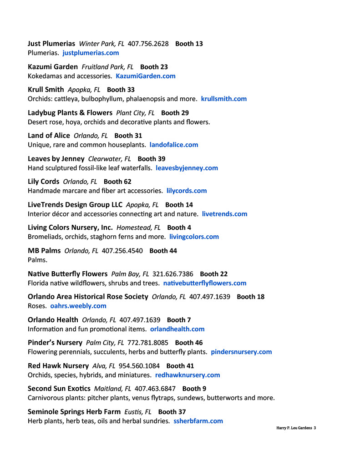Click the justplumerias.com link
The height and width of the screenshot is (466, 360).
(x=91, y=53)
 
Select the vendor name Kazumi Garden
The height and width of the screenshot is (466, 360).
(x=53, y=67)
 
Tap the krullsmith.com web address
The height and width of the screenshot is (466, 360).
(x=224, y=99)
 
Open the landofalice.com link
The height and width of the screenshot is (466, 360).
(x=174, y=145)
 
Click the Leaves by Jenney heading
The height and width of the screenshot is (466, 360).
(x=56, y=159)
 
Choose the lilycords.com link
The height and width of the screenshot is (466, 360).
(x=187, y=191)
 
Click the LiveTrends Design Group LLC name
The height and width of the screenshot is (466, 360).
(x=75, y=205)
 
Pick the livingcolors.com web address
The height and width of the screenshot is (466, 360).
(x=194, y=237)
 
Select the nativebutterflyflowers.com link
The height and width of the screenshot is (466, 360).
(x=205, y=283)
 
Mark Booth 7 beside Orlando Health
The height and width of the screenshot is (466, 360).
(x=179, y=320)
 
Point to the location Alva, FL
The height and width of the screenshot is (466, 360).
(x=104, y=366)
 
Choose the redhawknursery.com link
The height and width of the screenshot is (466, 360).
(x=188, y=375)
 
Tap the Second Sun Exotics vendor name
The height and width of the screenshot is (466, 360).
(x=59, y=389)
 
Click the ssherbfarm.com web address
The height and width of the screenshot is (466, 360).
(x=198, y=421)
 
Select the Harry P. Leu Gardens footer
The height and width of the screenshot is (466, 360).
(x=296, y=428)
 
